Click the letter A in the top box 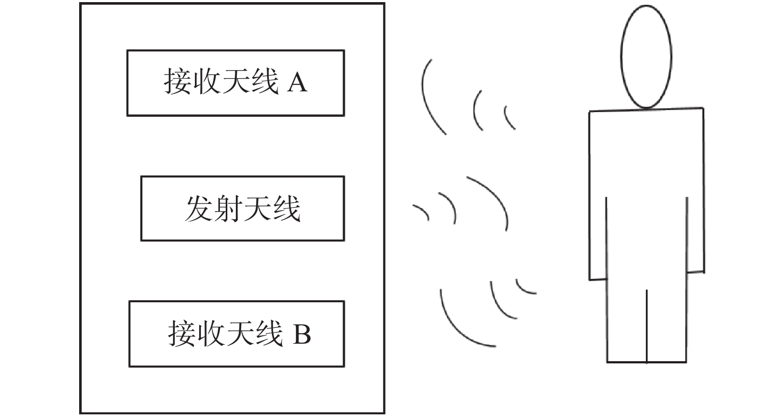point(297,83)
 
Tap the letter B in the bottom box point(302,334)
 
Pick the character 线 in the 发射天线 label point(287,209)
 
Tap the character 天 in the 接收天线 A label point(236,81)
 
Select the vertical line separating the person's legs point(646,326)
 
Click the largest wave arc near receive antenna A point(427,101)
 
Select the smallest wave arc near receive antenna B point(522,289)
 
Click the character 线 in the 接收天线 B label point(269,334)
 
